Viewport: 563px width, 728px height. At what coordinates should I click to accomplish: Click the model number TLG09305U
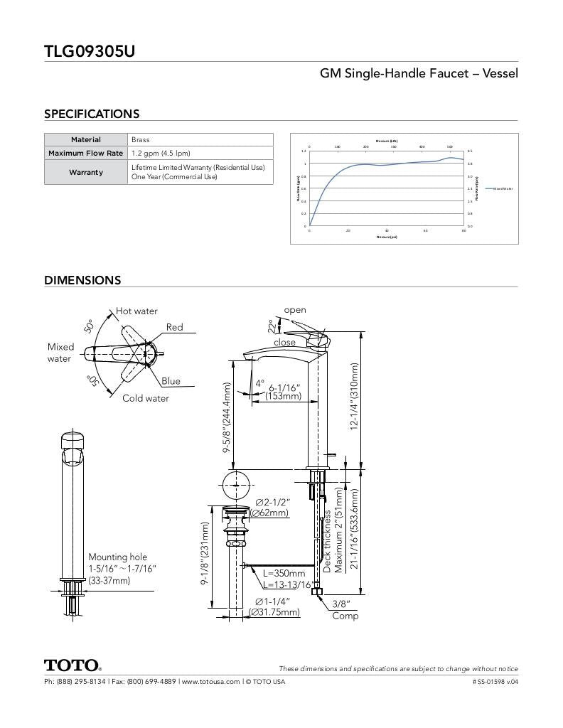90,51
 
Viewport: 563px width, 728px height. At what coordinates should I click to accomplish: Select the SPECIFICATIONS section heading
92,114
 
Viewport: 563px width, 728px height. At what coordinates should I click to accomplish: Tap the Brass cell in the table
141,140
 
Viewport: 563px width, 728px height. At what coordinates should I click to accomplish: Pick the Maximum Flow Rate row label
86,153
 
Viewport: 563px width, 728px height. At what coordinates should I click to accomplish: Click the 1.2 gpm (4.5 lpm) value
161,153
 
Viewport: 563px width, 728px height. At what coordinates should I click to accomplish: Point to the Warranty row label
86,172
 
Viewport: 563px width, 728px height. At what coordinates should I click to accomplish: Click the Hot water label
137,311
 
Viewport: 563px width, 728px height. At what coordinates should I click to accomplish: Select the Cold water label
146,398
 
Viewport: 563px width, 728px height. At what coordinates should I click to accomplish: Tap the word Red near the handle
174,328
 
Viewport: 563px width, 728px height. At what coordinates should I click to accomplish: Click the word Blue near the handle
171,381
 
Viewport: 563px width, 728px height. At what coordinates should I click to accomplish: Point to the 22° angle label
271,326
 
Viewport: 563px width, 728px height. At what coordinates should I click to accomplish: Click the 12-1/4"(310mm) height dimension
355,396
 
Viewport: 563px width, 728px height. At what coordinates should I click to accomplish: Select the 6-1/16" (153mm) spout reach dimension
284,392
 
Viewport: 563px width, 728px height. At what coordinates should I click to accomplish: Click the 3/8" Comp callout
345,610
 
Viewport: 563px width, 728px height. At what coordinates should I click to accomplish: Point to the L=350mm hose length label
284,573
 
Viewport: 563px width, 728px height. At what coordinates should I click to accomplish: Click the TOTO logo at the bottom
73,666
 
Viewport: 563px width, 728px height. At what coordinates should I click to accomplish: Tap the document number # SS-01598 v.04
495,682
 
